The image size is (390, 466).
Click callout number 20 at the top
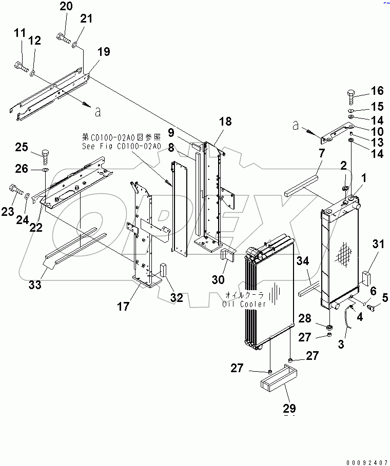66,7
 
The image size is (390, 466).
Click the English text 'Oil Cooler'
244,304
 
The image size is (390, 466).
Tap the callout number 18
225,121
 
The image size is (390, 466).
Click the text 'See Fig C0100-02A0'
121,146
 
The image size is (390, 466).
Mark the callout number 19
104,52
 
